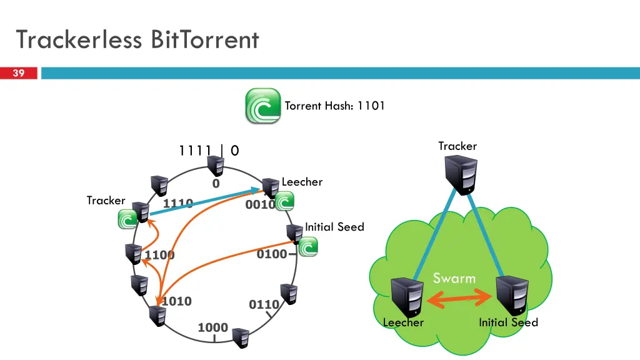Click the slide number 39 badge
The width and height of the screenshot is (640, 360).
(x=19, y=74)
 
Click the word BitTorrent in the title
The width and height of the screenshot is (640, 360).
(x=204, y=40)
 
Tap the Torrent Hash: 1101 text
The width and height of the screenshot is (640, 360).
(x=334, y=106)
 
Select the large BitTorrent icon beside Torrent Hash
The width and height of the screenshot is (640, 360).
(x=262, y=106)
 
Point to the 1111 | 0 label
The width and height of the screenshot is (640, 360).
(x=209, y=151)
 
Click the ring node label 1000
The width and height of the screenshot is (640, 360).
(x=212, y=327)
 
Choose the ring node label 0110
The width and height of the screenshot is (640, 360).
(x=264, y=304)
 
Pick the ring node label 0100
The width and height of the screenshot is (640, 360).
(x=272, y=254)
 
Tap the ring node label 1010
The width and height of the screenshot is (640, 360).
(x=176, y=301)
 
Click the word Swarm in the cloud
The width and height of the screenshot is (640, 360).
(x=454, y=278)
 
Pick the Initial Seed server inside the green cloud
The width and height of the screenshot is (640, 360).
(x=512, y=296)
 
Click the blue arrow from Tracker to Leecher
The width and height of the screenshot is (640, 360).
(x=205, y=201)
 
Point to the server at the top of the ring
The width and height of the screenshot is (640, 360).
(x=216, y=166)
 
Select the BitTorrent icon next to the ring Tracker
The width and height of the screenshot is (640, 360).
(x=128, y=219)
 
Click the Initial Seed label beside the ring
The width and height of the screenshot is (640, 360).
(x=334, y=227)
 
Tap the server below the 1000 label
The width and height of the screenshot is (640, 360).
(x=241, y=338)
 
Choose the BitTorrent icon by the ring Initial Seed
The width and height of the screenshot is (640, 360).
(x=308, y=247)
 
